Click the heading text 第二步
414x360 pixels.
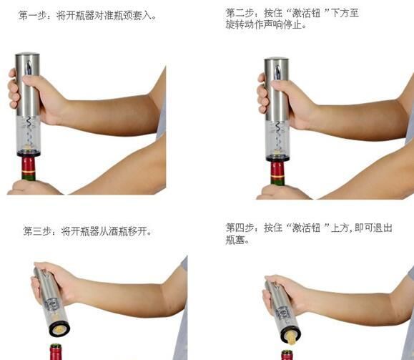239,14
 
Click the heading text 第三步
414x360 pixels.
36,231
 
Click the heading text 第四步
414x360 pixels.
239,228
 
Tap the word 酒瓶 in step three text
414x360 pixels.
117,231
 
